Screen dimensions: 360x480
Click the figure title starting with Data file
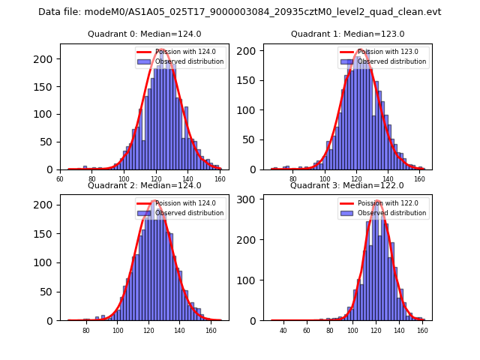[240, 12]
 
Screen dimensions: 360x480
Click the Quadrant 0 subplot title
[145, 34]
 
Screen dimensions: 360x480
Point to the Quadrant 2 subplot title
[145, 185]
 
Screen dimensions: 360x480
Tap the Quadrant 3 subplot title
[347, 185]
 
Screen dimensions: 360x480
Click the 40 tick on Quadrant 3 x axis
[283, 330]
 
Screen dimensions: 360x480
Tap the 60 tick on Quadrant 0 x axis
[60, 179]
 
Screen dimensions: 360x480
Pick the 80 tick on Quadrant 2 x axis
[86, 330]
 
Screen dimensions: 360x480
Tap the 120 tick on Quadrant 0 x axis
[155, 179]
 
